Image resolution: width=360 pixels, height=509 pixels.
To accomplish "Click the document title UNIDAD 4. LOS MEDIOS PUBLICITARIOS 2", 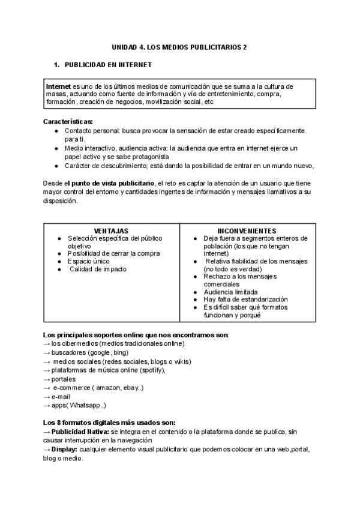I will pos(179,46).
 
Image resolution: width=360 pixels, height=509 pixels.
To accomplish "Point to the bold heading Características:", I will pos(68,121).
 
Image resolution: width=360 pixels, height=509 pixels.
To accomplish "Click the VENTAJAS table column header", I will pos(111,230).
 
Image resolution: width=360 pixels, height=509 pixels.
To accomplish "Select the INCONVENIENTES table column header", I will pos(247,230).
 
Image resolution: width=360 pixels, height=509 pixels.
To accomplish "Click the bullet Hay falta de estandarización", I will pos(245,299).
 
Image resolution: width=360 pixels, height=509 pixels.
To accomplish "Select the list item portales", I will pos(64,379).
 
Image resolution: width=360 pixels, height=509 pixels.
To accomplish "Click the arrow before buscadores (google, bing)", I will pos(47,353).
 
